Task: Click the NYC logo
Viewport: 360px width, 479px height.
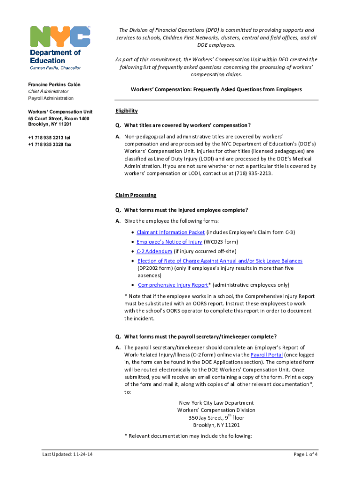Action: pyautogui.click(x=60, y=36)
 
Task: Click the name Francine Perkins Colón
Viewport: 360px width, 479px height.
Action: pyautogui.click(x=54, y=84)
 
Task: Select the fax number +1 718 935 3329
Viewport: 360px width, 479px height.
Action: pyautogui.click(x=50, y=145)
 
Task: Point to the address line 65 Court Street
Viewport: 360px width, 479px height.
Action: pyautogui.click(x=58, y=119)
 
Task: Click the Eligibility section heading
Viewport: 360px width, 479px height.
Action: pyautogui.click(x=126, y=111)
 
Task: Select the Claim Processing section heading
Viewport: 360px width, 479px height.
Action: pyautogui.click(x=136, y=195)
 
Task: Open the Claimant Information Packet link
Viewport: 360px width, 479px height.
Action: pyautogui.click(x=171, y=232)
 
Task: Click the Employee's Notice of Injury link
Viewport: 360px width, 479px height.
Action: pyautogui.click(x=169, y=242)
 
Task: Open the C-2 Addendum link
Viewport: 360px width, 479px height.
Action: pyautogui.click(x=154, y=251)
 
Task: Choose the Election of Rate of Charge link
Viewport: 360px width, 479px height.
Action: pyautogui.click(x=220, y=261)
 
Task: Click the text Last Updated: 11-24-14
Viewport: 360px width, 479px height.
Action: pyautogui.click(x=67, y=454)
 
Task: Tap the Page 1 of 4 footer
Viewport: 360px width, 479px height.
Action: pyautogui.click(x=306, y=454)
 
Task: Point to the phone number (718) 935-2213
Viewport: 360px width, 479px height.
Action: pyautogui.click(x=255, y=174)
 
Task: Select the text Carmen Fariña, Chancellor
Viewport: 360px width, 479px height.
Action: pyautogui.click(x=55, y=68)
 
